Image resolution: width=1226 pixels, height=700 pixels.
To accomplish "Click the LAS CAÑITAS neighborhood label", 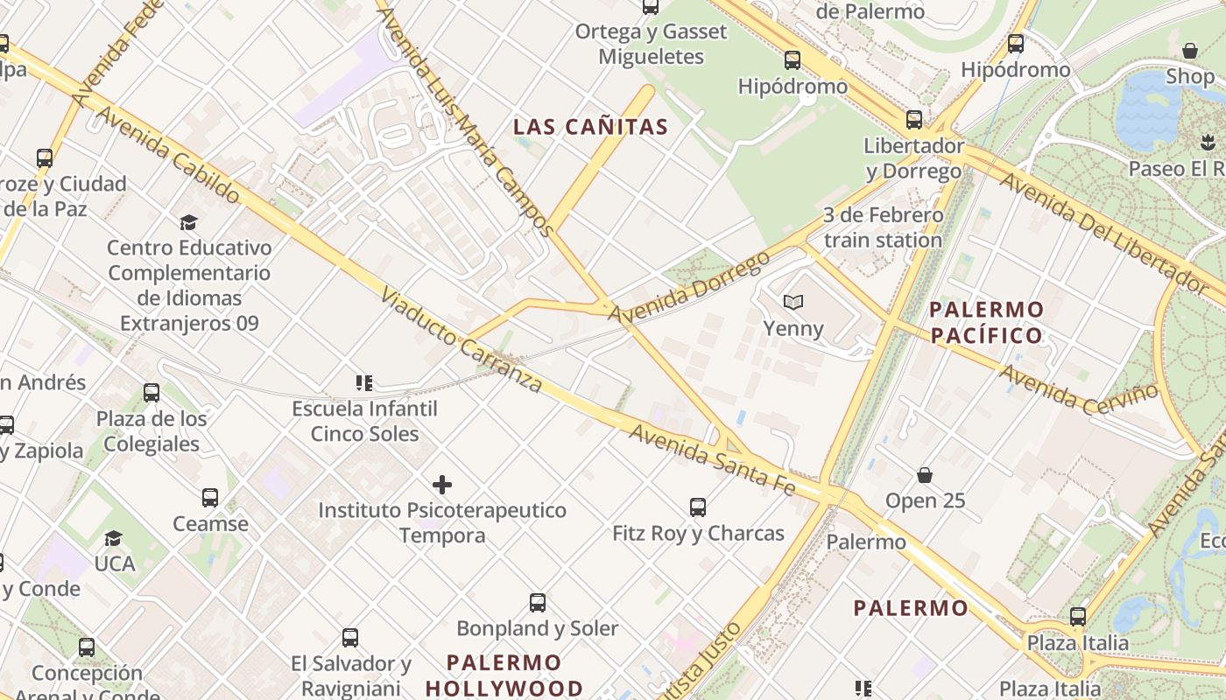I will pyautogui.click(x=590, y=127).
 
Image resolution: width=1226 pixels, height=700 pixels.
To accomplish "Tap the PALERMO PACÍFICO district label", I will pyautogui.click(x=986, y=322).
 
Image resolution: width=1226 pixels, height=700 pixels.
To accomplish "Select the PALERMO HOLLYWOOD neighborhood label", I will pyautogui.click(x=504, y=675).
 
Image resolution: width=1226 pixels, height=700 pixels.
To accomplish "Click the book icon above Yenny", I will pyautogui.click(x=793, y=303).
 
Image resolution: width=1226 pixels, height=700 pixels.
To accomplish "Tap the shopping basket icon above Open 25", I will pyautogui.click(x=925, y=475).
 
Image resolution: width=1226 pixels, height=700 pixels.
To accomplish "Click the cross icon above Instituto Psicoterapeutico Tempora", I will pyautogui.click(x=442, y=484).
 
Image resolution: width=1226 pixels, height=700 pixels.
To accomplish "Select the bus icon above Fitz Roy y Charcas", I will pyautogui.click(x=698, y=507).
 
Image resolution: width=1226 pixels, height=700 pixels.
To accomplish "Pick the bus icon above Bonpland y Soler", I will pyautogui.click(x=538, y=603).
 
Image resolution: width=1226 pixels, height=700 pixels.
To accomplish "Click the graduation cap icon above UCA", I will pyautogui.click(x=114, y=538).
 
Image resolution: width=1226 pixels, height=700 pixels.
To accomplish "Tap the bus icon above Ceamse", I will pyautogui.click(x=210, y=498).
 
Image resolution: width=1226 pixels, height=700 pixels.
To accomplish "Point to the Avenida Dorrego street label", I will pyautogui.click(x=689, y=286).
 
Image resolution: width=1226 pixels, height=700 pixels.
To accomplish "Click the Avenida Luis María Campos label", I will pyautogui.click(x=468, y=122).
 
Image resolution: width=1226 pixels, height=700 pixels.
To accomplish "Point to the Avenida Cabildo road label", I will pyautogui.click(x=166, y=156).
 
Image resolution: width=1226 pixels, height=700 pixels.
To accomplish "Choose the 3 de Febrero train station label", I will pyautogui.click(x=883, y=227).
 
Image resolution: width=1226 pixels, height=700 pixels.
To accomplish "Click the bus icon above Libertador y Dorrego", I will pyautogui.click(x=914, y=120).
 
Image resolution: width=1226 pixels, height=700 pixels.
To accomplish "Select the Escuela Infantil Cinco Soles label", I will pyautogui.click(x=364, y=421).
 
